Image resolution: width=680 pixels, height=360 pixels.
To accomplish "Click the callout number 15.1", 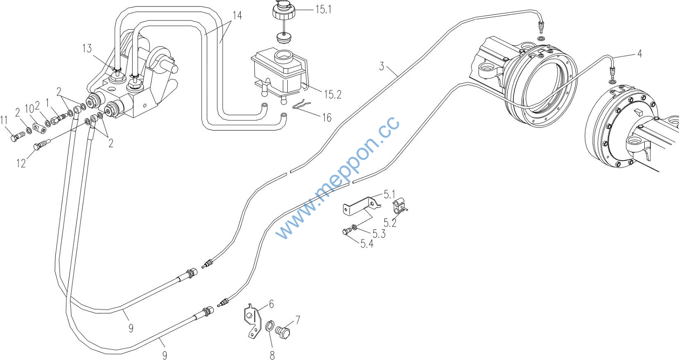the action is (323, 10).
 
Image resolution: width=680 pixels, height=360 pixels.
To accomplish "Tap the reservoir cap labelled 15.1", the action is (284, 10).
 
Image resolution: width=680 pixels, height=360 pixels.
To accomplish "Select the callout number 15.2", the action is (333, 94).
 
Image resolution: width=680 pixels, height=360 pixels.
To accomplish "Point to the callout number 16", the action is (327, 118).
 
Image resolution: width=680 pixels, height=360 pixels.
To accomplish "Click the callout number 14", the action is (237, 16).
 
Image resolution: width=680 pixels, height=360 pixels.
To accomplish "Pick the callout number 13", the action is (87, 48).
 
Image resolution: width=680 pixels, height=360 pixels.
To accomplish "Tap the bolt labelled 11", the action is (17, 135).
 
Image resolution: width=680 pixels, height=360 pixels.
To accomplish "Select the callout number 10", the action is (30, 109).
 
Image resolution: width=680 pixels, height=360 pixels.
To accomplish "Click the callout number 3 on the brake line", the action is (382, 66).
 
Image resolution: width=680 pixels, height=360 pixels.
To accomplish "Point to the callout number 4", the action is (640, 54).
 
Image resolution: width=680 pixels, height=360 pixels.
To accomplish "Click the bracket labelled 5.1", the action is (361, 206).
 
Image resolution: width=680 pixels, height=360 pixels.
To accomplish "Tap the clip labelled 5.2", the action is (400, 206).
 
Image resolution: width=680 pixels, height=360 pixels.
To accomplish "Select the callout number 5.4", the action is (367, 244).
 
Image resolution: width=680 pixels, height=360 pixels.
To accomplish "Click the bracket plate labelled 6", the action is (253, 321).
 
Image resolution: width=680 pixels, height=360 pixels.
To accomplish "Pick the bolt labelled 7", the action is (283, 332).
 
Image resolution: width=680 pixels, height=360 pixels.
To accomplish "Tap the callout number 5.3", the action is (379, 234).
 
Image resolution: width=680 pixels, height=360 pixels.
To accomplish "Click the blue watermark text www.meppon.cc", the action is (337, 178).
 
